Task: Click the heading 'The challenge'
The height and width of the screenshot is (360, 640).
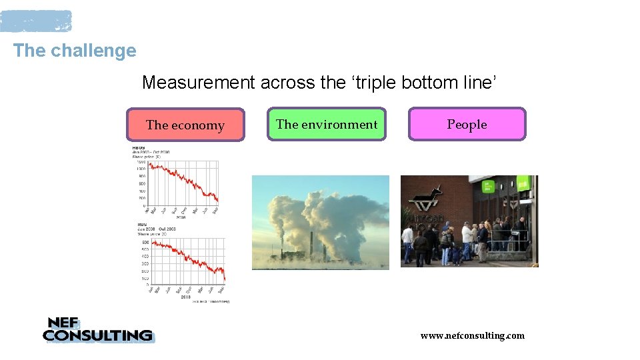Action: pyautogui.click(x=74, y=51)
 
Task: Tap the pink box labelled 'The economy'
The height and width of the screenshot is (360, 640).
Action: pyautogui.click(x=185, y=125)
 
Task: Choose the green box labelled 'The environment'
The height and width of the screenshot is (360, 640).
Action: pyautogui.click(x=327, y=124)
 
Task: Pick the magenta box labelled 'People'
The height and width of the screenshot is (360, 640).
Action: pyautogui.click(x=467, y=124)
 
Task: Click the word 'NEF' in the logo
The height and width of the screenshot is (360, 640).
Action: pyautogui.click(x=64, y=323)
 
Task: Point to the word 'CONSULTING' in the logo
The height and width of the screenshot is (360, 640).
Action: pyautogui.click(x=97, y=335)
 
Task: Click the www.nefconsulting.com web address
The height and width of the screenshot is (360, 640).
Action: pyautogui.click(x=472, y=335)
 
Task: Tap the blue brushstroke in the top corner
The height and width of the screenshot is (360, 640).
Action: pyautogui.click(x=36, y=21)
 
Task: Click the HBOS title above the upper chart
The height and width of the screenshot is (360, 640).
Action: pyautogui.click(x=139, y=147)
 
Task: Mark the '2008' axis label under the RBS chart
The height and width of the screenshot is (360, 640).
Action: pyautogui.click(x=187, y=297)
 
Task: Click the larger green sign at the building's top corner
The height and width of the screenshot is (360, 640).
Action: pyautogui.click(x=524, y=183)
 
